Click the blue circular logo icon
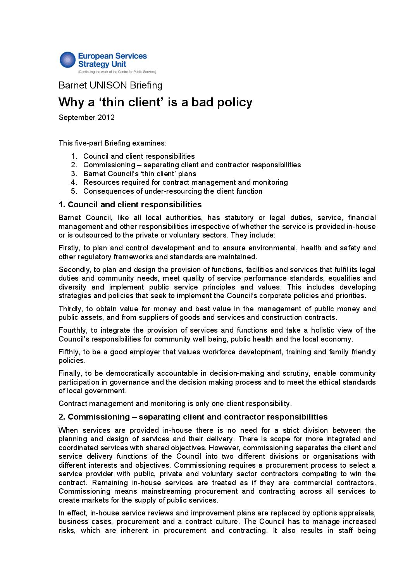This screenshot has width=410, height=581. pyautogui.click(x=67, y=60)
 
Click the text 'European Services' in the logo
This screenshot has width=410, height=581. pyautogui.click(x=112, y=56)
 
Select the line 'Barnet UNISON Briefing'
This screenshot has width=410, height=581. pyautogui.click(x=110, y=85)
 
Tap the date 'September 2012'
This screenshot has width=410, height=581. pyautogui.click(x=86, y=117)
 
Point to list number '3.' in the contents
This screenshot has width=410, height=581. pyautogui.click(x=74, y=174)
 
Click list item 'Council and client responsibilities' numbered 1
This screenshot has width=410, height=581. pyautogui.click(x=139, y=156)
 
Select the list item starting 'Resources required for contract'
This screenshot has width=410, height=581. pyautogui.click(x=185, y=182)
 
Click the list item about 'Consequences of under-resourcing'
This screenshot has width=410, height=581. pyautogui.click(x=172, y=191)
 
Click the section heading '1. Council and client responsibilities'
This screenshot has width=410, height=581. pyautogui.click(x=130, y=205)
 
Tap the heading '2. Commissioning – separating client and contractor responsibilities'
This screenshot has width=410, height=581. pyautogui.click(x=193, y=417)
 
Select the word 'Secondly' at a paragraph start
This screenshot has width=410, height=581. pyautogui.click(x=72, y=270)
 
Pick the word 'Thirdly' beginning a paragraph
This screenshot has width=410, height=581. pyautogui.click(x=69, y=309)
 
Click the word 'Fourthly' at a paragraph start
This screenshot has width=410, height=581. pyautogui.click(x=72, y=330)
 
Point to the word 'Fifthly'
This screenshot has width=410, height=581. pyautogui.click(x=69, y=352)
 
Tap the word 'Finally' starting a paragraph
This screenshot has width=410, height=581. pyautogui.click(x=69, y=373)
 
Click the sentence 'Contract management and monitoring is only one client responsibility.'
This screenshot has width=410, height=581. pyautogui.click(x=175, y=404)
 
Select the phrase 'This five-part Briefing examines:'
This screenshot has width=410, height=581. pyautogui.click(x=112, y=143)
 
